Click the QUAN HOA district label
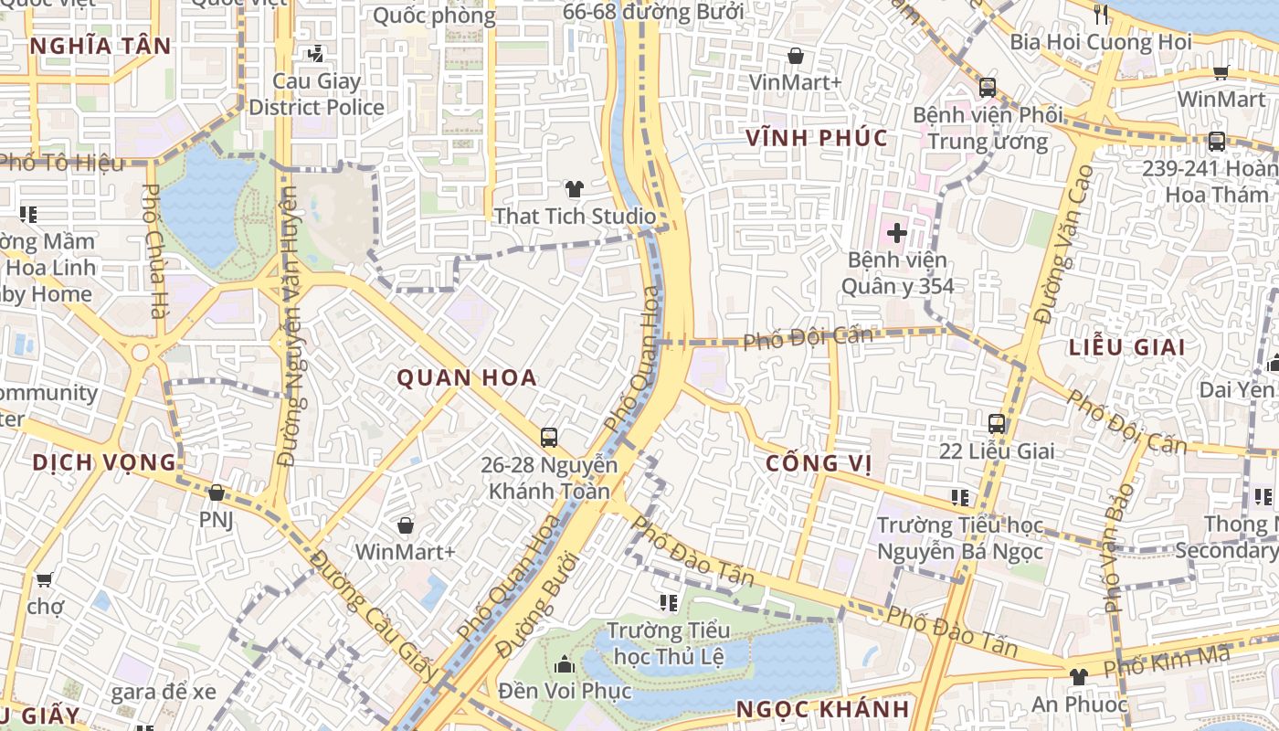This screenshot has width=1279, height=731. (467, 377)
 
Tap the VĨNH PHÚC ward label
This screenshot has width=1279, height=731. (817, 138)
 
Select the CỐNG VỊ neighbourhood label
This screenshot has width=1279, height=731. (818, 463)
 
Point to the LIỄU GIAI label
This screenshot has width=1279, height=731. (1127, 347)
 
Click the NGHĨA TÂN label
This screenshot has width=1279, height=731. (100, 46)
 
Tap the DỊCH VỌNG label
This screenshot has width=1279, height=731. (104, 462)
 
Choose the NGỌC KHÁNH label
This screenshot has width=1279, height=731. (823, 709)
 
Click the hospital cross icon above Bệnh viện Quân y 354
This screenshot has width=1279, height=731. (896, 232)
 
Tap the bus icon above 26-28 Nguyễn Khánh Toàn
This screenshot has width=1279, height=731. (548, 438)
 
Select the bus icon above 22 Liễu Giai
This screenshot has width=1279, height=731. (997, 424)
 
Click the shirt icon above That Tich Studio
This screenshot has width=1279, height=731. (574, 189)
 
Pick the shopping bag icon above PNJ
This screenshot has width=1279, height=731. (217, 493)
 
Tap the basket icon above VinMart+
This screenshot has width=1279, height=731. (796, 56)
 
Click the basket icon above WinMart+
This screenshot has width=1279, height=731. (405, 525)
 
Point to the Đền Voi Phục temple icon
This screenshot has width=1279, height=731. (565, 663)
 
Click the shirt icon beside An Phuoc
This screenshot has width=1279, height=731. (1078, 677)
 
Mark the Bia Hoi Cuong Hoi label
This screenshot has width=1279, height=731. (1101, 42)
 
